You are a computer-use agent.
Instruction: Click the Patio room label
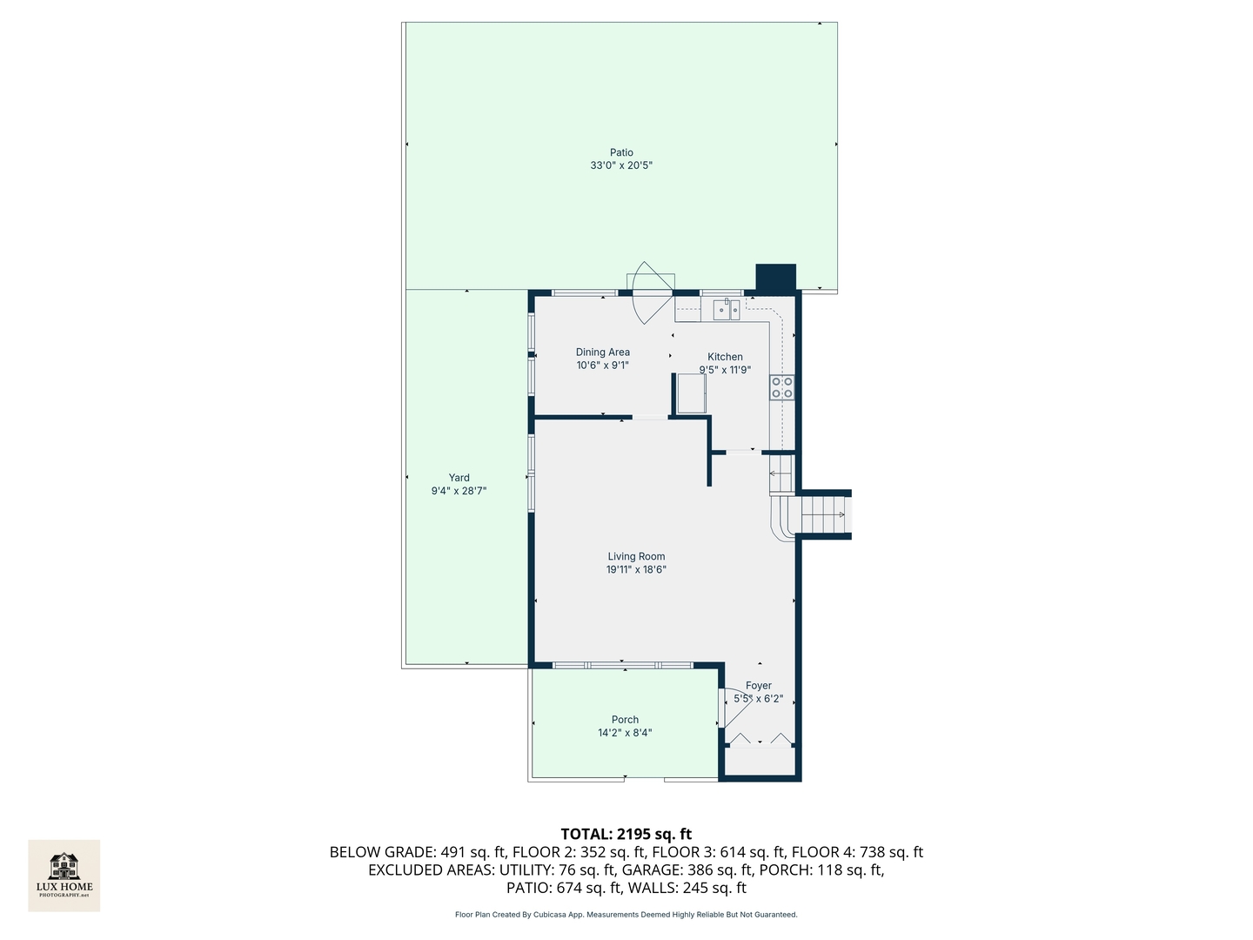point(621,152)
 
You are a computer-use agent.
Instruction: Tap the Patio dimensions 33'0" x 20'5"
point(621,165)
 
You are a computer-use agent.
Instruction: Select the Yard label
point(459,478)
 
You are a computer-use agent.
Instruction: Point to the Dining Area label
point(602,352)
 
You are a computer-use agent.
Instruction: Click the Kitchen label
point(725,357)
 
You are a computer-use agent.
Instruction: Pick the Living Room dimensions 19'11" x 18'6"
point(636,570)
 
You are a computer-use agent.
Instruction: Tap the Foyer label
point(758,686)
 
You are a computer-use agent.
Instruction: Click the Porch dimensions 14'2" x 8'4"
point(625,733)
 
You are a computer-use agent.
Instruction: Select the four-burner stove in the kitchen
point(781,387)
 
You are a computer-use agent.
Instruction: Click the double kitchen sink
point(727,309)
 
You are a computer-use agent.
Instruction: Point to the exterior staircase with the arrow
point(823,514)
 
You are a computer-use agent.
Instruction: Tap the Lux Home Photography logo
point(64,875)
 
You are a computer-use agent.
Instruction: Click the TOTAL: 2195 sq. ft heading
point(626,834)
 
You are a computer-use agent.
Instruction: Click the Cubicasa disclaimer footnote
point(626,915)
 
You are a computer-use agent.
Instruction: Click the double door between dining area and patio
point(651,292)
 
